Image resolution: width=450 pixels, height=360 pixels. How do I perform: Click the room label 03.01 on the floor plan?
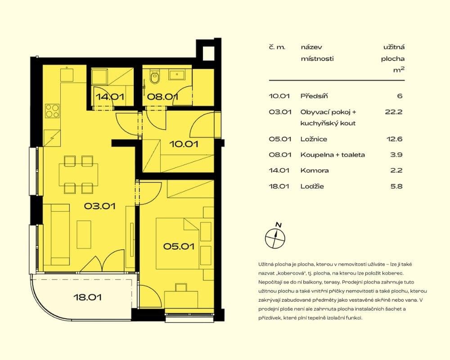coord(100,207)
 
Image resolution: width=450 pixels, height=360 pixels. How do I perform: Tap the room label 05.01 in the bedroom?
coord(179,246)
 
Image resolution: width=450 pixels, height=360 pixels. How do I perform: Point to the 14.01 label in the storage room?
coord(110,96)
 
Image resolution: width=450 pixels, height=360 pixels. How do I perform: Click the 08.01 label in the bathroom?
coord(163,96)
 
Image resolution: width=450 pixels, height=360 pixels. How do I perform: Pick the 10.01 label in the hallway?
coord(184,144)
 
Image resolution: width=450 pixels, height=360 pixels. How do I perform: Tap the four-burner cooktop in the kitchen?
coord(52,110)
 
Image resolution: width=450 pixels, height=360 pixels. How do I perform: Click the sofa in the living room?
coord(60,234)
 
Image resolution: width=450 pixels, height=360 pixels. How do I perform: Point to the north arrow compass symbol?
coord(274,237)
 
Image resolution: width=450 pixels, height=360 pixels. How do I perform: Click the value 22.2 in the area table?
coord(393,112)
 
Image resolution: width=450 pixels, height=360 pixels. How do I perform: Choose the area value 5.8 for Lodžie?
coord(396,186)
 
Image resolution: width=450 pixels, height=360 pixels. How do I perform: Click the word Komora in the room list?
coord(315,171)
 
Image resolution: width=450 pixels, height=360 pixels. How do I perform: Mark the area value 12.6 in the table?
coord(394,139)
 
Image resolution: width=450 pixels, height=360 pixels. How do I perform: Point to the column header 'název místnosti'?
coord(317,53)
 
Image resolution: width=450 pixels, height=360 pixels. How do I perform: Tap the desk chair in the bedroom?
coord(181,287)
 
